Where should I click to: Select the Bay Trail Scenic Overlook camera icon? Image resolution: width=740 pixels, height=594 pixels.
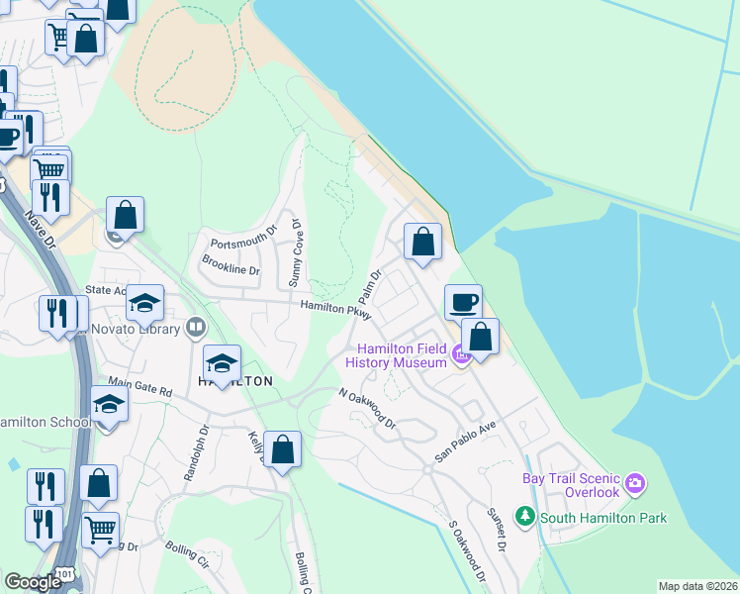[634, 484]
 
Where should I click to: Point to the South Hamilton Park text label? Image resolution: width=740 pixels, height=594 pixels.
[603, 518]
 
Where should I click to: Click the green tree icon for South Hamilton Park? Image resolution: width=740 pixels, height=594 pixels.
[525, 517]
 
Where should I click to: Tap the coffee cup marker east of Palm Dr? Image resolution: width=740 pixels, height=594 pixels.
[463, 301]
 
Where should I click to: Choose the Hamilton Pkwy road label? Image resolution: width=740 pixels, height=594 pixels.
[335, 310]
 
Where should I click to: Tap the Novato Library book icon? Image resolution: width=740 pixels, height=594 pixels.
[197, 328]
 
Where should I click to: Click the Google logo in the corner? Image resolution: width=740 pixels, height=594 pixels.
[33, 582]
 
